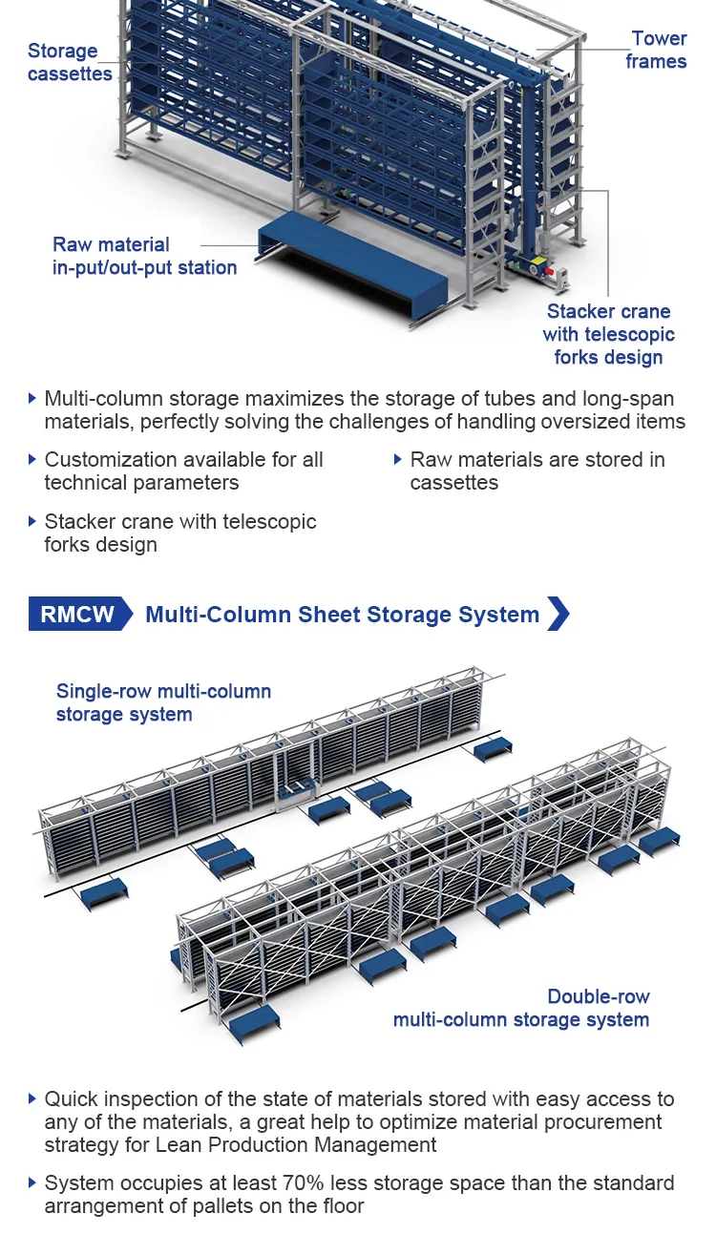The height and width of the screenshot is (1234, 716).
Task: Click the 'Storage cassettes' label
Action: pos(69,62)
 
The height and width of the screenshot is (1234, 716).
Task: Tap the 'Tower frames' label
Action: pos(657,50)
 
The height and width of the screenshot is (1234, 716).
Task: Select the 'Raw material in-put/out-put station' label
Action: pos(144,256)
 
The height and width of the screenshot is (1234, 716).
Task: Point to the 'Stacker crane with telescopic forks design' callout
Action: pos(608,334)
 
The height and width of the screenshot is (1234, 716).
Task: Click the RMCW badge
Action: pos(78,615)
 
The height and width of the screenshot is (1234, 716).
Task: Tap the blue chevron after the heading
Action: pos(558,614)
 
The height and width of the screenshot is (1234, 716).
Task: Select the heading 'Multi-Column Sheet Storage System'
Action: pos(342,615)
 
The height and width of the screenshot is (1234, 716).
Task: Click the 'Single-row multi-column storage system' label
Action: pos(163,702)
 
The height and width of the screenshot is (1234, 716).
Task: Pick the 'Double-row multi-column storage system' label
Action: pos(521,1008)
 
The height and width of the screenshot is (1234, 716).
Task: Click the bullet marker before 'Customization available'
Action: pos(33,459)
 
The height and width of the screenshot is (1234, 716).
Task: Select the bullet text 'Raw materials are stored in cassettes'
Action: pos(537,471)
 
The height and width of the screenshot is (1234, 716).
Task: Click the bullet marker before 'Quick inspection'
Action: pos(33,1098)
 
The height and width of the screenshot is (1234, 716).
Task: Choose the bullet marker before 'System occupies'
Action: pos(33,1183)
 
